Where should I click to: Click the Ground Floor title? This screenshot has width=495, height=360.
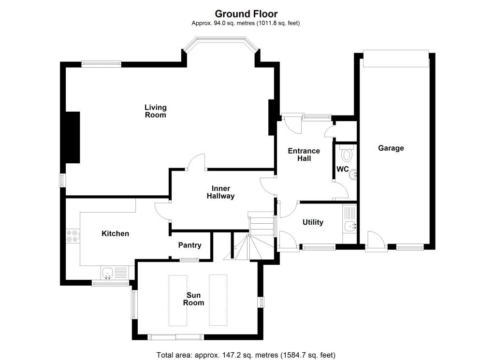pos(246,14)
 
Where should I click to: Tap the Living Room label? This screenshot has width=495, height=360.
pos(155,111)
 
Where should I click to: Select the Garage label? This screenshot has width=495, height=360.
pos(391,148)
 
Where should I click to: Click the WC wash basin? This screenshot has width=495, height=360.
pos(353,174)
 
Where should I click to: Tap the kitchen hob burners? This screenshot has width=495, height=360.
pos(72,236)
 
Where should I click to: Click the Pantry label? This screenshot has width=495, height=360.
pos(189,245)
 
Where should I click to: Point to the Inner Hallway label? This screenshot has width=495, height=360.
pos(220,192)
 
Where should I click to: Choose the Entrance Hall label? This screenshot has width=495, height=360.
pos(304,155)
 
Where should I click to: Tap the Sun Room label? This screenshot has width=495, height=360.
pos(193,299)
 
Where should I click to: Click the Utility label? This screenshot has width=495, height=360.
pos(313,222)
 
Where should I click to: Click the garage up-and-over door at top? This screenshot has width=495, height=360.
pos(396,58)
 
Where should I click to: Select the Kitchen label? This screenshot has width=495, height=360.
pos(115,233)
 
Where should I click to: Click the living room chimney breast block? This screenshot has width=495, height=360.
pos(73,137)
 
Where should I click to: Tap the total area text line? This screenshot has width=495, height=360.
pos(246,355)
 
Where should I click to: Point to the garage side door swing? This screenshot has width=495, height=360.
pos(376,241)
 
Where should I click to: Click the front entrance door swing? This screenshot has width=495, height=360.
pos(291,125)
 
